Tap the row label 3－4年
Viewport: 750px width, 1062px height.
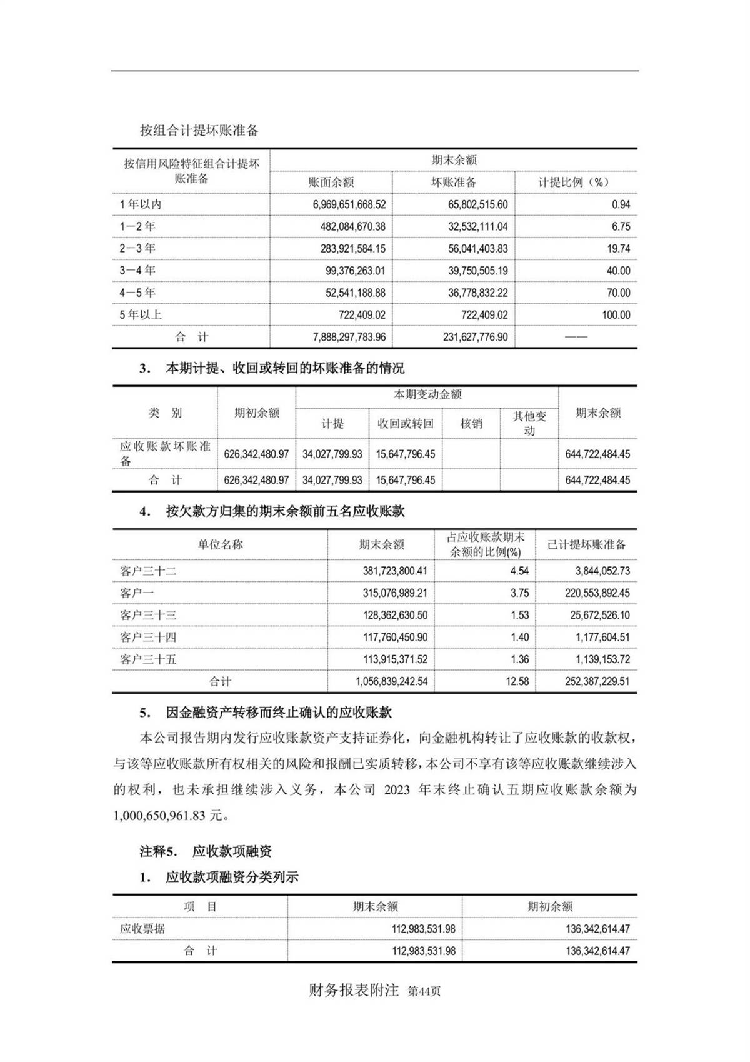click(x=137, y=271)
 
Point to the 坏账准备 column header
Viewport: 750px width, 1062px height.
click(x=454, y=182)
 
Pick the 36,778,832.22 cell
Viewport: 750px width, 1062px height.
click(x=477, y=293)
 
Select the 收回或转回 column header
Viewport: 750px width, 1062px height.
click(x=406, y=423)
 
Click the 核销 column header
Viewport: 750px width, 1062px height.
click(x=471, y=423)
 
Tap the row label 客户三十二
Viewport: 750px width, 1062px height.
click(x=148, y=571)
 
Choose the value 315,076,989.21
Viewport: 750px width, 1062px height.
click(x=395, y=593)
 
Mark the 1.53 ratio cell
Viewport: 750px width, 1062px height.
click(x=519, y=615)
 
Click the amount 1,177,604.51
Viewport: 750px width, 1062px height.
click(x=599, y=638)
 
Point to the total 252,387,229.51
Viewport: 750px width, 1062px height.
click(x=597, y=681)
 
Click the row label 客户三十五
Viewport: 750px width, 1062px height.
click(x=148, y=659)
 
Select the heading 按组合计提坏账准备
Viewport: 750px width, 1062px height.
click(x=199, y=131)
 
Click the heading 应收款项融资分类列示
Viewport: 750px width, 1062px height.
click(x=232, y=877)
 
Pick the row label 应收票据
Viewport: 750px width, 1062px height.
click(x=142, y=929)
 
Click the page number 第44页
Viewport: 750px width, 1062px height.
click(x=424, y=991)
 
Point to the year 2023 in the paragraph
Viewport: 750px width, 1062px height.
click(x=397, y=789)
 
